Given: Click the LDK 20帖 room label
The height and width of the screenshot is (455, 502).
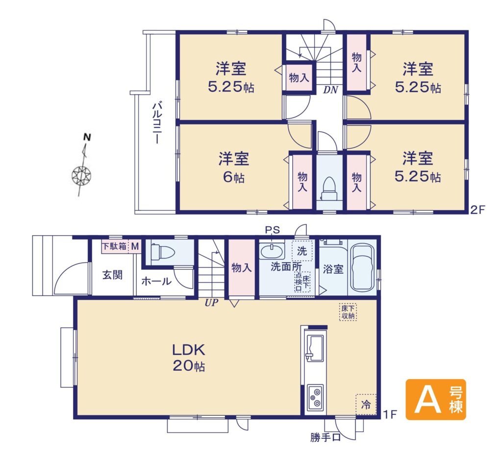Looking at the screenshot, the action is [x=189, y=358].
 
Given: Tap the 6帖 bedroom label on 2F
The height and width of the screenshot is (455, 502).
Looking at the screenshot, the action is [x=234, y=168].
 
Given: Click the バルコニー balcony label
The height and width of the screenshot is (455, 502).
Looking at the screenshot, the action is [x=156, y=122].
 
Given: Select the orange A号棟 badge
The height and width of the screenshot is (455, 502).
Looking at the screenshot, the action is [x=436, y=399].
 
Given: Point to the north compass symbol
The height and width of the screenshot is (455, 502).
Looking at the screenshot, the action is [x=82, y=165].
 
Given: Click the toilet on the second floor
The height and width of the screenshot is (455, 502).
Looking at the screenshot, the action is [x=329, y=189].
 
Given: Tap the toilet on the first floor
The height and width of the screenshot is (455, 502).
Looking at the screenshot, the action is [x=163, y=252].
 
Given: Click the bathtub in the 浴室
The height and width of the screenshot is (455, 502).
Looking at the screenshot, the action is [x=362, y=267].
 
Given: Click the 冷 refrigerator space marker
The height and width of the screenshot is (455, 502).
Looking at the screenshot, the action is [x=366, y=404].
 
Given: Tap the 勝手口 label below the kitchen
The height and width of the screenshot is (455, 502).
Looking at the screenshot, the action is [x=326, y=437].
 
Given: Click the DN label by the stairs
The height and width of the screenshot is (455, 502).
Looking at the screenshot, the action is [x=330, y=90].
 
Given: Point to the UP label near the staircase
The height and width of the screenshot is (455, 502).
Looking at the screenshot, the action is [x=211, y=303].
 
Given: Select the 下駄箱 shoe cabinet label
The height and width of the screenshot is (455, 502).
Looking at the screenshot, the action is [x=114, y=246].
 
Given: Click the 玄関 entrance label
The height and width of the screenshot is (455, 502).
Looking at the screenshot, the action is [x=112, y=275].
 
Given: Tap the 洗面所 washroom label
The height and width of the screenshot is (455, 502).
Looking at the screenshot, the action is [x=286, y=266].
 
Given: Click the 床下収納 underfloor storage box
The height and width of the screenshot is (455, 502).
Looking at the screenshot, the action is [x=348, y=312].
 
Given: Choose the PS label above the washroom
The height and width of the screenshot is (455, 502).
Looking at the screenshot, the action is [x=272, y=230].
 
